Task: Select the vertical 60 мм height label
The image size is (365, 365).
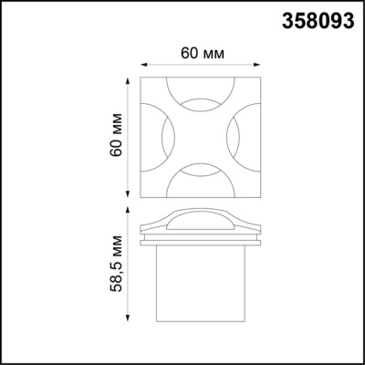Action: (x=115, y=137)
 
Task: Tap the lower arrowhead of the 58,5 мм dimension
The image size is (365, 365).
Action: (x=126, y=321)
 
